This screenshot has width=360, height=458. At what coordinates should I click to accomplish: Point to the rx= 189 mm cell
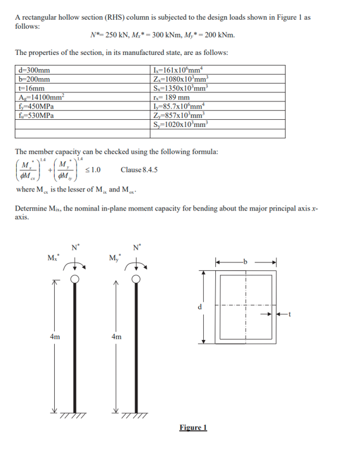pyautogui.click(x=172, y=97)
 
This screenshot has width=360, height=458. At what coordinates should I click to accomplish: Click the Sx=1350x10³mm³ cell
pyautogui.click(x=181, y=89)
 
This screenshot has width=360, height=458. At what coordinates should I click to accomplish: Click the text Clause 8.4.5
pyautogui.click(x=139, y=170)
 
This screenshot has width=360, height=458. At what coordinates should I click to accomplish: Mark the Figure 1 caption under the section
pyautogui.click(x=193, y=427)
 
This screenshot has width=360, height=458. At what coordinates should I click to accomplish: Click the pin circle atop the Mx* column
pyautogui.click(x=75, y=278)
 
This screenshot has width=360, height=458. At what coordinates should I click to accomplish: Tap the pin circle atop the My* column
pyautogui.click(x=136, y=278)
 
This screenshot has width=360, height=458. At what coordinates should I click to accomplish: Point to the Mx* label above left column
pyautogui.click(x=52, y=258)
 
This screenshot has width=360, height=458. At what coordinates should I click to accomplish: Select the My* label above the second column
pyautogui.click(x=113, y=258)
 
